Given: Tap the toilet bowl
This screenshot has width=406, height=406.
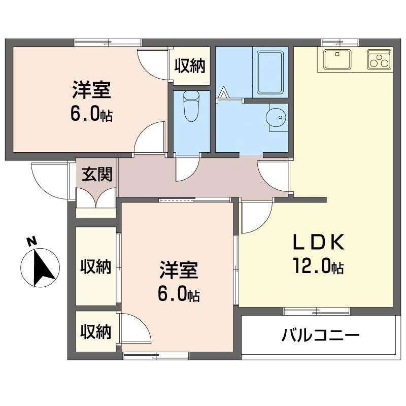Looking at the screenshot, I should click(x=191, y=106).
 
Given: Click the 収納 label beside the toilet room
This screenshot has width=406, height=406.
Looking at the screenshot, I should click(x=190, y=65).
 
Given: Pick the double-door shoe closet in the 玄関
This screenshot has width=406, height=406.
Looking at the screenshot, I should click(x=95, y=198).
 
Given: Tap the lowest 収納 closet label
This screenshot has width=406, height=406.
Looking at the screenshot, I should click(x=96, y=332).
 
